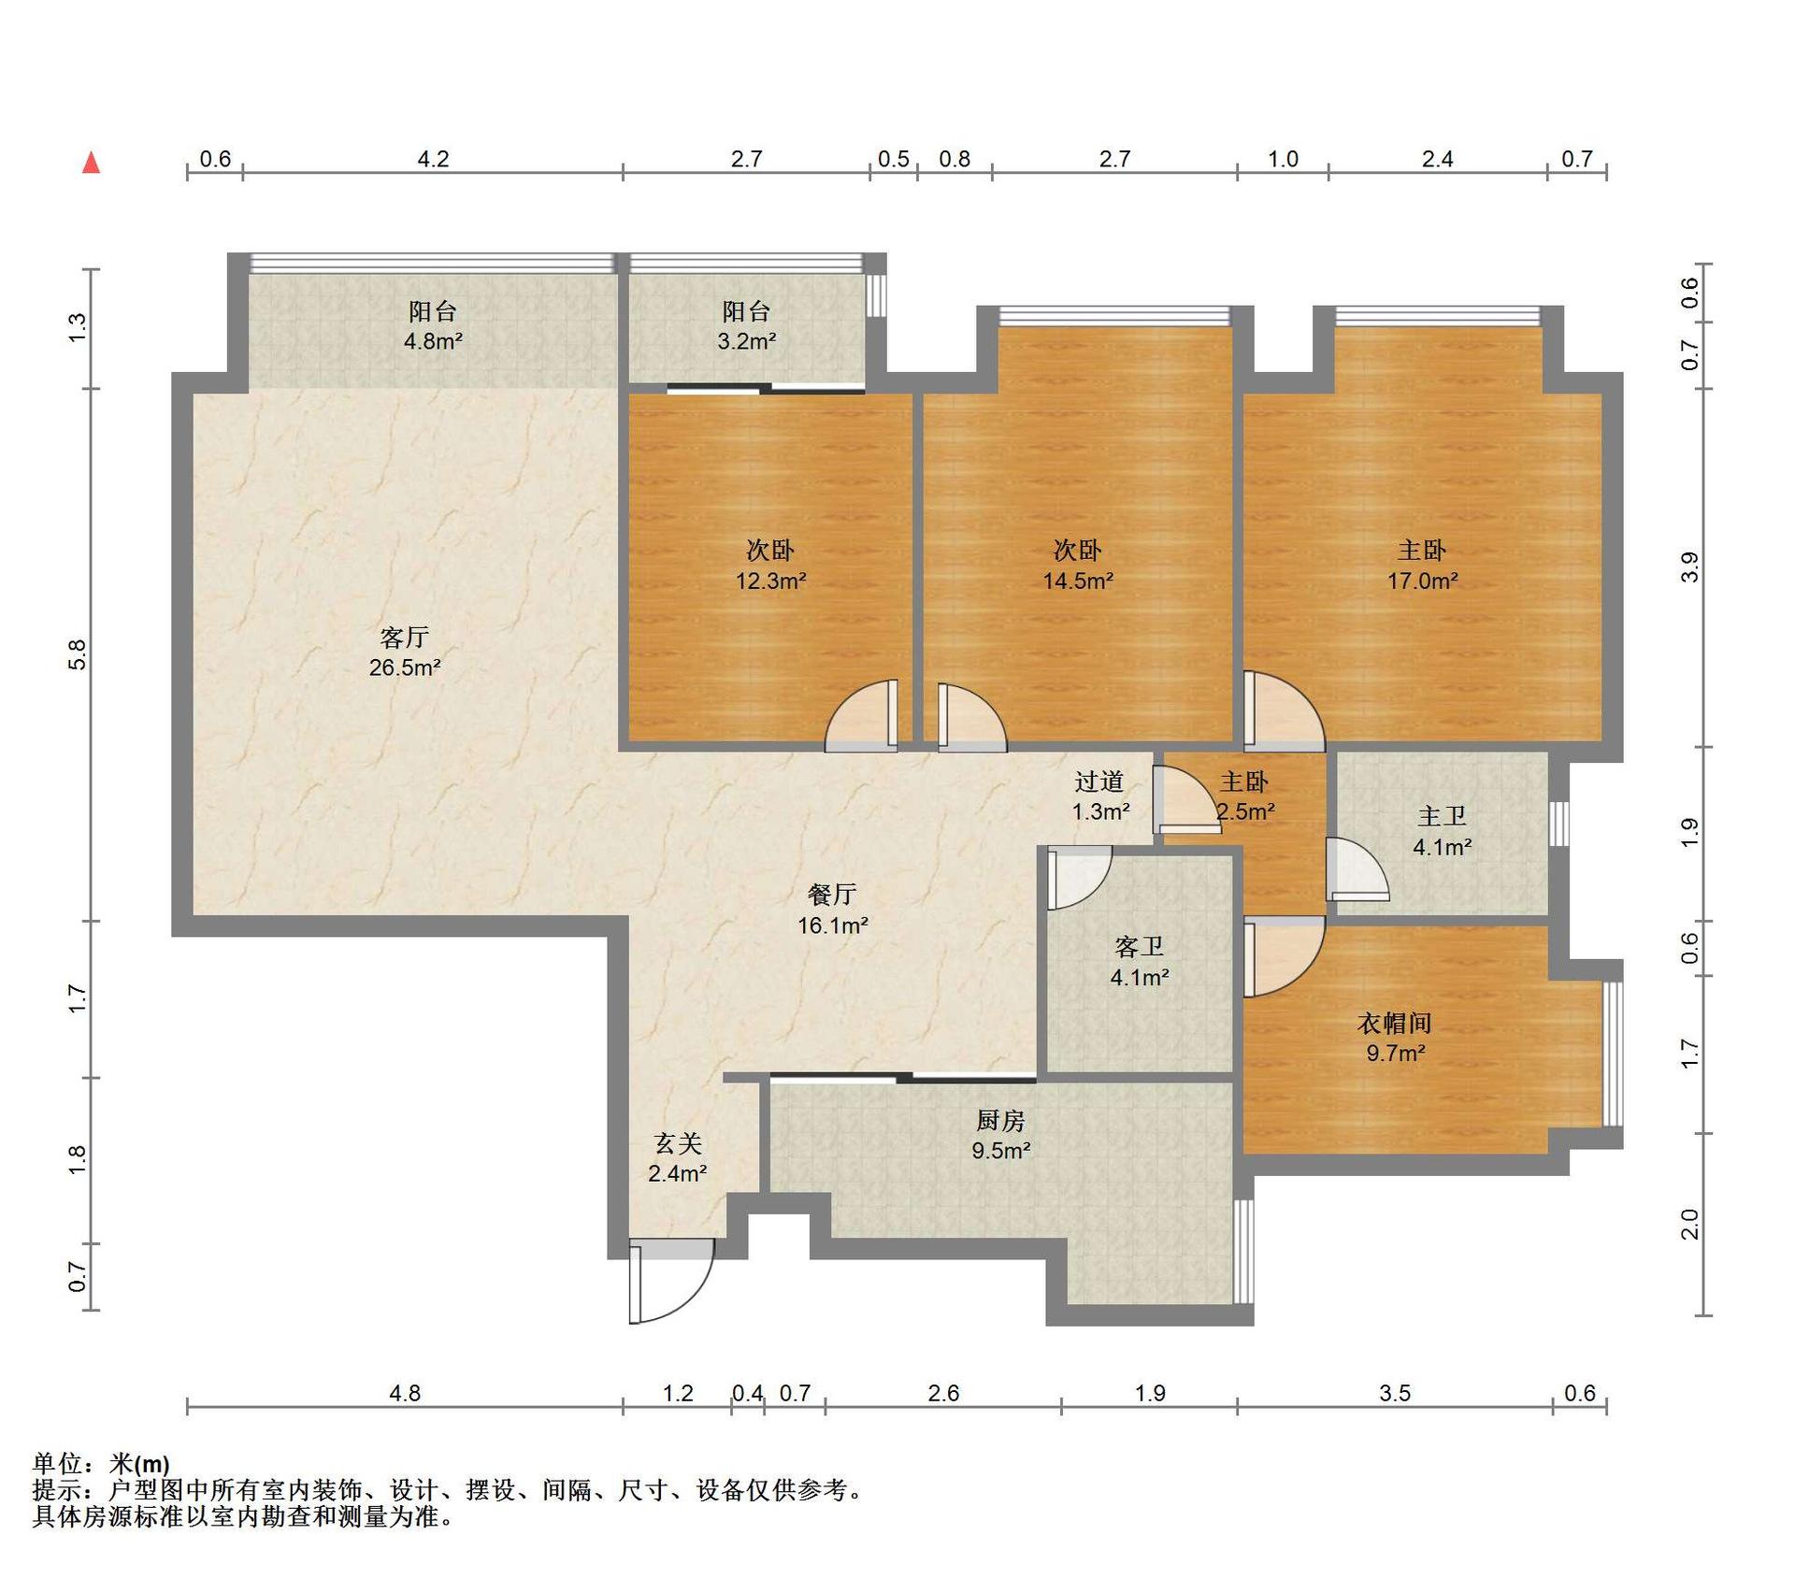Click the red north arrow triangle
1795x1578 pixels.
(91, 163)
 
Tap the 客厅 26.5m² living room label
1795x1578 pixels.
(405, 653)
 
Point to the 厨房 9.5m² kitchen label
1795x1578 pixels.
(1000, 1135)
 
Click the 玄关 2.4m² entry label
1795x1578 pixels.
(678, 1158)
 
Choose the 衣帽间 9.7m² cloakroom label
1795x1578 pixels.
(1395, 1038)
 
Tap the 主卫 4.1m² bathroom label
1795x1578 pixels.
(1442, 832)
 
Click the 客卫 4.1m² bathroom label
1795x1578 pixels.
(1140, 962)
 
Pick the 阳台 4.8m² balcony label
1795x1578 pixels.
(433, 326)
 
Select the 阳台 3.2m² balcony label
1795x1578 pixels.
(746, 326)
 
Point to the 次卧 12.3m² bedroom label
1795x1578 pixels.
(770, 566)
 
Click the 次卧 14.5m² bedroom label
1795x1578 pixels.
(1078, 566)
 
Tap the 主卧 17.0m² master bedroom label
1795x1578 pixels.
(1422, 566)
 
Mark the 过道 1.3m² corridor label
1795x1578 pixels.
(1099, 796)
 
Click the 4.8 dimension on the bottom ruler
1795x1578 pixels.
(405, 1394)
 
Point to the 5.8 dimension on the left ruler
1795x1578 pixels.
(78, 654)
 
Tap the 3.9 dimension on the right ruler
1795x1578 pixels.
(1690, 567)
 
